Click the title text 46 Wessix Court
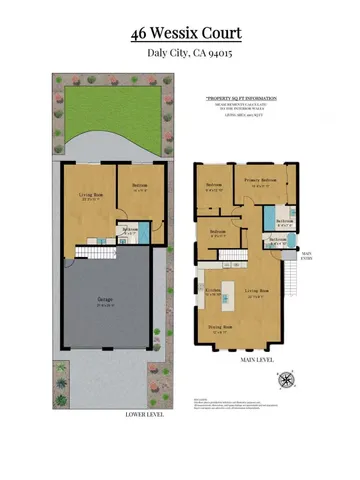click(x=180, y=34)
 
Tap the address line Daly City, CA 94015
click(x=180, y=54)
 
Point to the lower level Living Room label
click(x=81, y=197)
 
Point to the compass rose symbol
click(x=289, y=378)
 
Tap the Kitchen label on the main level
click(x=213, y=293)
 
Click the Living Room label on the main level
click(x=254, y=293)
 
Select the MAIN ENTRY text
click(x=307, y=257)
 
